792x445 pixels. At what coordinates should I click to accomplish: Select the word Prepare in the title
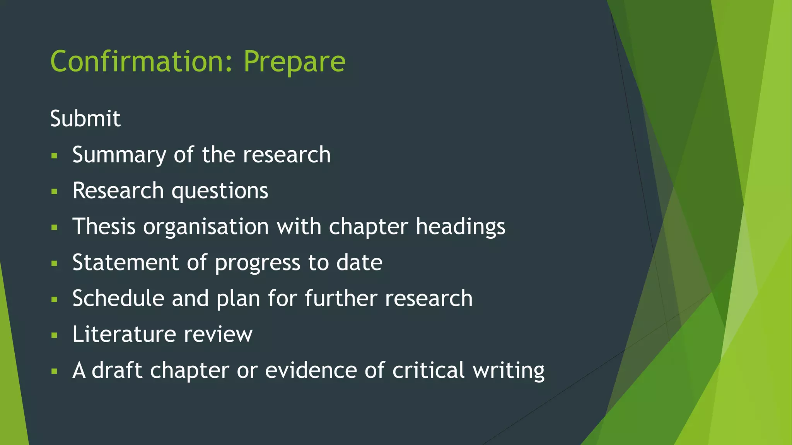[294, 61]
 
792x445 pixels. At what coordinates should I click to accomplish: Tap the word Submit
[85, 118]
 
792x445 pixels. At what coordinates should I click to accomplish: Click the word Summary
[119, 155]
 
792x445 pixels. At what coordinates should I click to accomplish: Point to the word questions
[220, 191]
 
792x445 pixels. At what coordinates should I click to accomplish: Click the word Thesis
[104, 226]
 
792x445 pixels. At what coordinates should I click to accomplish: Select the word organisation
[206, 226]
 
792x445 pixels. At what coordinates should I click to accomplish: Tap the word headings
[460, 226]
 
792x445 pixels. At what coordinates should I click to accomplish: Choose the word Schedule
[118, 298]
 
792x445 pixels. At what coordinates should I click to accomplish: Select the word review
[218, 335]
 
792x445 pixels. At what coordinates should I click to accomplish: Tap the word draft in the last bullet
[117, 370]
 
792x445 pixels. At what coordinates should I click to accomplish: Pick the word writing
[509, 371]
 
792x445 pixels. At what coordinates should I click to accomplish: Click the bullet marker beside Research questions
[54, 192]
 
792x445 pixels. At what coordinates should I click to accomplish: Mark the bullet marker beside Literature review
[54, 335]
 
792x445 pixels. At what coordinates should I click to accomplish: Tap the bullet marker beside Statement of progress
[54, 263]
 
